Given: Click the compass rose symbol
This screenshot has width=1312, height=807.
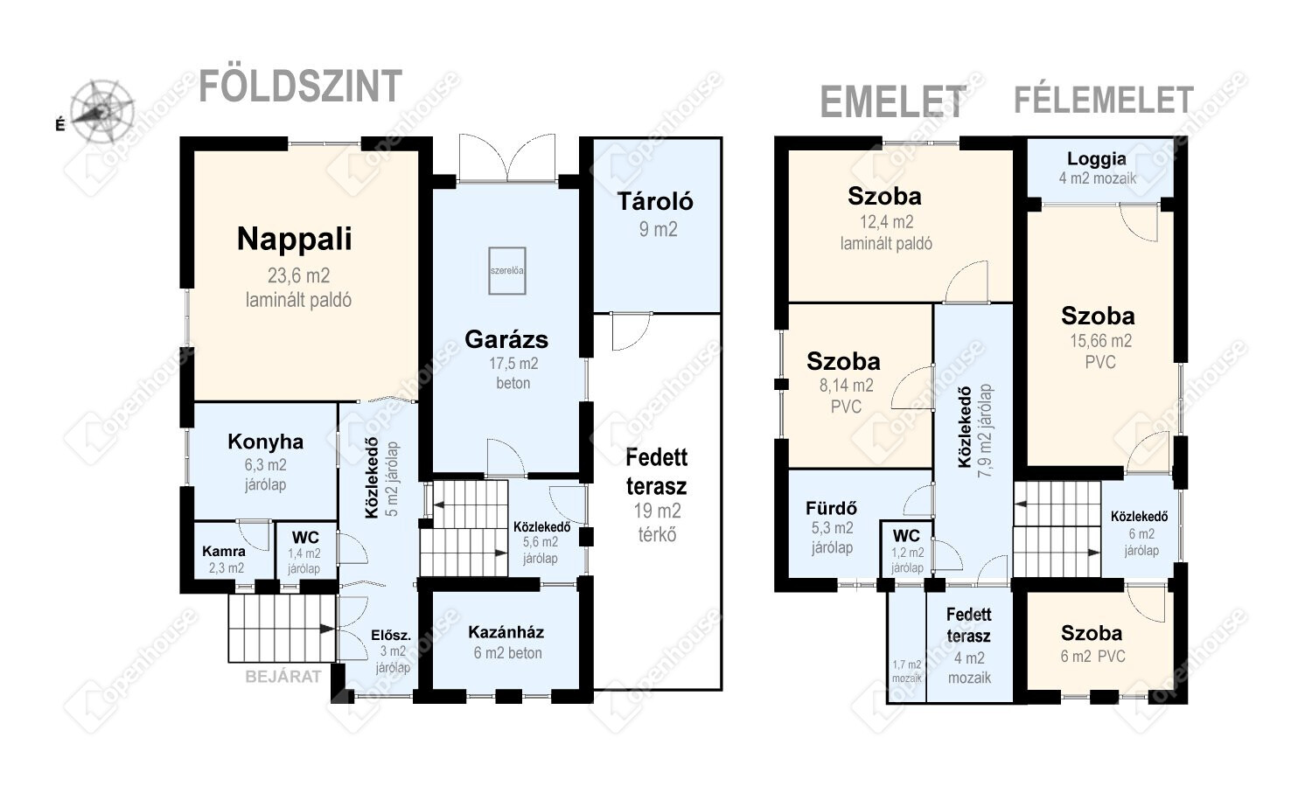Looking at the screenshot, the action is click(x=101, y=111).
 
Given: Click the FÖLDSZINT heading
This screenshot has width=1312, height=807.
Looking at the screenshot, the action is click(x=301, y=86).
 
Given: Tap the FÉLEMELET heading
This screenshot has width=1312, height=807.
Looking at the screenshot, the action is click(x=1104, y=100).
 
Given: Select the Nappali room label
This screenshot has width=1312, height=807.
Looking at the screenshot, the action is click(x=294, y=239).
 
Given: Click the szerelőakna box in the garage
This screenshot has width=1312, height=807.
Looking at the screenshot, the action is click(x=507, y=270).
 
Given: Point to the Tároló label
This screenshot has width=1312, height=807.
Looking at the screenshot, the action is click(x=655, y=201).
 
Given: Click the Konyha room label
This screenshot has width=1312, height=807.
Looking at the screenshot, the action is click(x=265, y=442).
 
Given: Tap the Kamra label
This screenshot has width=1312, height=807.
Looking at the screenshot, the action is click(x=224, y=551).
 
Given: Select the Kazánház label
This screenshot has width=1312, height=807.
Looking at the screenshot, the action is click(x=506, y=632).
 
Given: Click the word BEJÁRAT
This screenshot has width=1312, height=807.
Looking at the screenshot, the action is click(x=283, y=677).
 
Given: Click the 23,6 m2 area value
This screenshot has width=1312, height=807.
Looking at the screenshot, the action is click(x=299, y=275).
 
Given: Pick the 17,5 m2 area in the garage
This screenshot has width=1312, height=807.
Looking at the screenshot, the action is click(x=513, y=364).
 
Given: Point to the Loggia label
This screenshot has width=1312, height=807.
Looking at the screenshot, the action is click(x=1097, y=159).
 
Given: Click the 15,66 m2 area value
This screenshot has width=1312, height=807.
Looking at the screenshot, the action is click(x=1100, y=341).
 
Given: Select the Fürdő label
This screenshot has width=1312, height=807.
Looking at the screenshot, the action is click(x=831, y=508).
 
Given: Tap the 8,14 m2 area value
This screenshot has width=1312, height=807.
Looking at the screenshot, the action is click(x=847, y=386).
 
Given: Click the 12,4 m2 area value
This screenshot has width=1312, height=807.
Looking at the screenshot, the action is click(x=886, y=222).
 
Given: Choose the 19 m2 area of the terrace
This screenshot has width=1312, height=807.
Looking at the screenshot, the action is click(x=657, y=511).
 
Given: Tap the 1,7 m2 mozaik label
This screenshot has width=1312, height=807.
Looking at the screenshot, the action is click(x=907, y=671).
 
